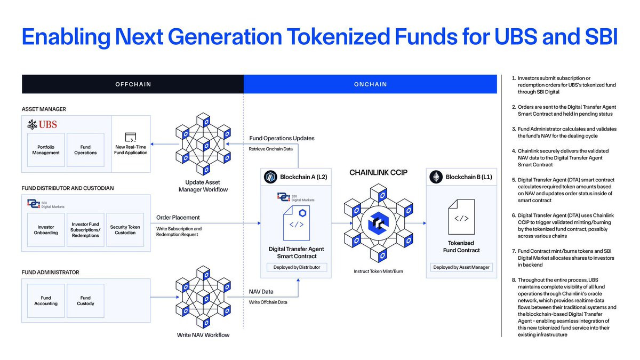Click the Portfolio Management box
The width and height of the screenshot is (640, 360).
46,150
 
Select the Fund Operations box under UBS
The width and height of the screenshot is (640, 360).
85,150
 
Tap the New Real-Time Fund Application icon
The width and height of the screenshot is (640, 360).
131,137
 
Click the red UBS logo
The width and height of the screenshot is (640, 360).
42,125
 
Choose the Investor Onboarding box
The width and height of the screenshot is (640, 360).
46,230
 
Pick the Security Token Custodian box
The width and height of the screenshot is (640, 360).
125,230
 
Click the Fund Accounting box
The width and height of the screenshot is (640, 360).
46,301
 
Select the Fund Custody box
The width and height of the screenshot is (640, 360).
85,301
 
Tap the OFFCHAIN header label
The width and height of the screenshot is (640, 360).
133,84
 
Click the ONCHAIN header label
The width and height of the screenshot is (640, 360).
370,84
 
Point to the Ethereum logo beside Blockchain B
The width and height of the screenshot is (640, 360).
436,177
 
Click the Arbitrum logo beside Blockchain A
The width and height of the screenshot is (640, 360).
270,177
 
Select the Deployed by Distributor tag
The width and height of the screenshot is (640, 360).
297,267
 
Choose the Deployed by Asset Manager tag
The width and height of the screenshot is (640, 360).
461,267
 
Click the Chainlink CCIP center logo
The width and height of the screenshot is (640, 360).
378,223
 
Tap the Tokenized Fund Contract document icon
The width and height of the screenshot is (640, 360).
461,217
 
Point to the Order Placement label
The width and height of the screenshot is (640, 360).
178,218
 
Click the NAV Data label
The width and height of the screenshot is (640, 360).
261,291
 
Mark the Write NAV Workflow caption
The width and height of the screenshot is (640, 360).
203,335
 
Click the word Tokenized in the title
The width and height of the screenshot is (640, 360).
338,37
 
